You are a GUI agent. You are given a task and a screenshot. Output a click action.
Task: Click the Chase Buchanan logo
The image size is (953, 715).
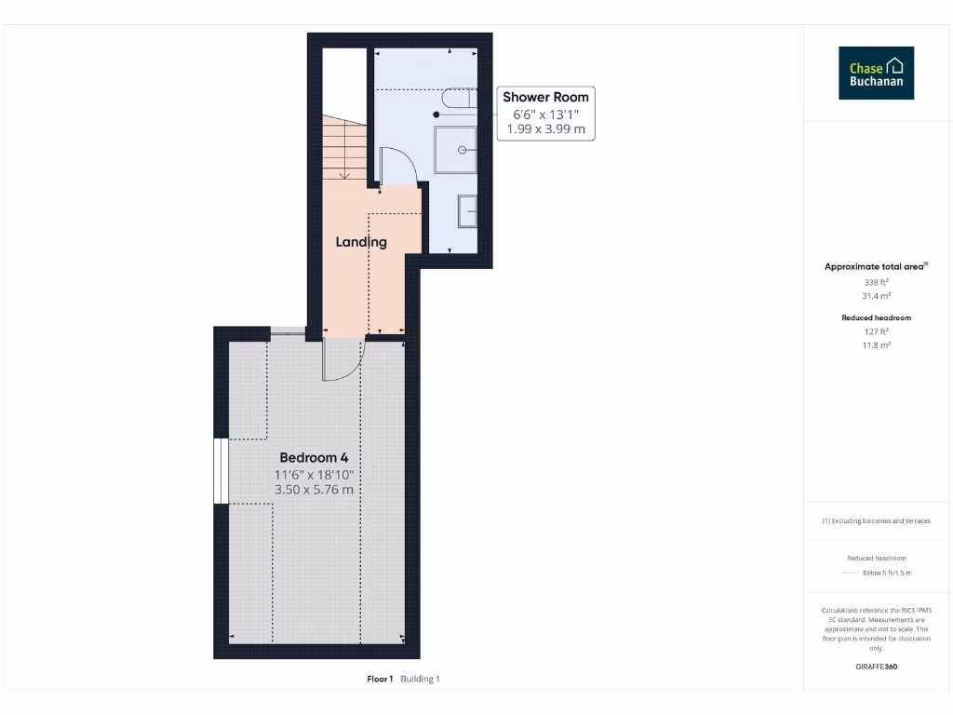(876, 74)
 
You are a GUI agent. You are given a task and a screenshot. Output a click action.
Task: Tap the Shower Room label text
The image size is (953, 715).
(545, 97)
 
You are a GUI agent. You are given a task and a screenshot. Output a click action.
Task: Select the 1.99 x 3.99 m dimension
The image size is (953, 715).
(545, 129)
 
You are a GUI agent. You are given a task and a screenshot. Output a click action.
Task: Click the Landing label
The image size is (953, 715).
(361, 242)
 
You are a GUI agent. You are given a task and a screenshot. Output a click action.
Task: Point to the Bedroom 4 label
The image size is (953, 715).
(314, 458)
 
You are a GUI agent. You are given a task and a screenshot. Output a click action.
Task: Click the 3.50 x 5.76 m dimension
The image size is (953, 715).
(314, 490)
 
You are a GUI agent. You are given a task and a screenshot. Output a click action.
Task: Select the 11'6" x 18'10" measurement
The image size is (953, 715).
(314, 474)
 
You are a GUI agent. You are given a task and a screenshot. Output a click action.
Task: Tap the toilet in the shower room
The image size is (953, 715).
(459, 98)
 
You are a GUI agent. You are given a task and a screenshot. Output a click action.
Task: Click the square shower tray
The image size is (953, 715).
(457, 149)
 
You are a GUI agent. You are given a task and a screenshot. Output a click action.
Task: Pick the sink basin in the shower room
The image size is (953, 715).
(467, 211)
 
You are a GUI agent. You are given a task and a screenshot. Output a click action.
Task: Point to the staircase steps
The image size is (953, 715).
(344, 149)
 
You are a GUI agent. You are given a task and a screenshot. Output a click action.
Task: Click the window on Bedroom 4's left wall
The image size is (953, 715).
(221, 470)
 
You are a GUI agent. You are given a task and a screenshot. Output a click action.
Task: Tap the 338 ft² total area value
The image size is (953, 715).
(876, 281)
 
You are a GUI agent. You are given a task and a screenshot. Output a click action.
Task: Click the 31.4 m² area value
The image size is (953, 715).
(876, 295)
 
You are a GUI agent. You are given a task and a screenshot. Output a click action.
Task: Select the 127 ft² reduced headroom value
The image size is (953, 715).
(876, 331)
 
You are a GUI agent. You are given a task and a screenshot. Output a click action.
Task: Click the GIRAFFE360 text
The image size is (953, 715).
(876, 667)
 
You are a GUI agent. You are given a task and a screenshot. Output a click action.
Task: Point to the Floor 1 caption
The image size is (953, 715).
(381, 680)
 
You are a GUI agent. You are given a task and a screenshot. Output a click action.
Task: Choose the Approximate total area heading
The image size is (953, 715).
(875, 267)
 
